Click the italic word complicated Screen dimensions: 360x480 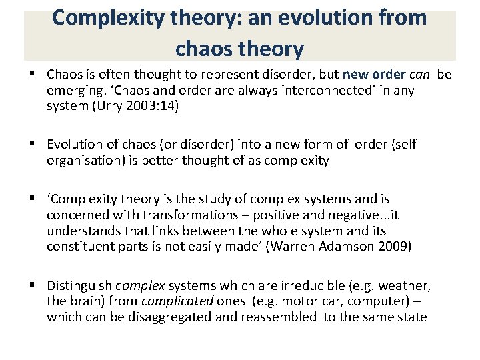click(175, 302)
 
